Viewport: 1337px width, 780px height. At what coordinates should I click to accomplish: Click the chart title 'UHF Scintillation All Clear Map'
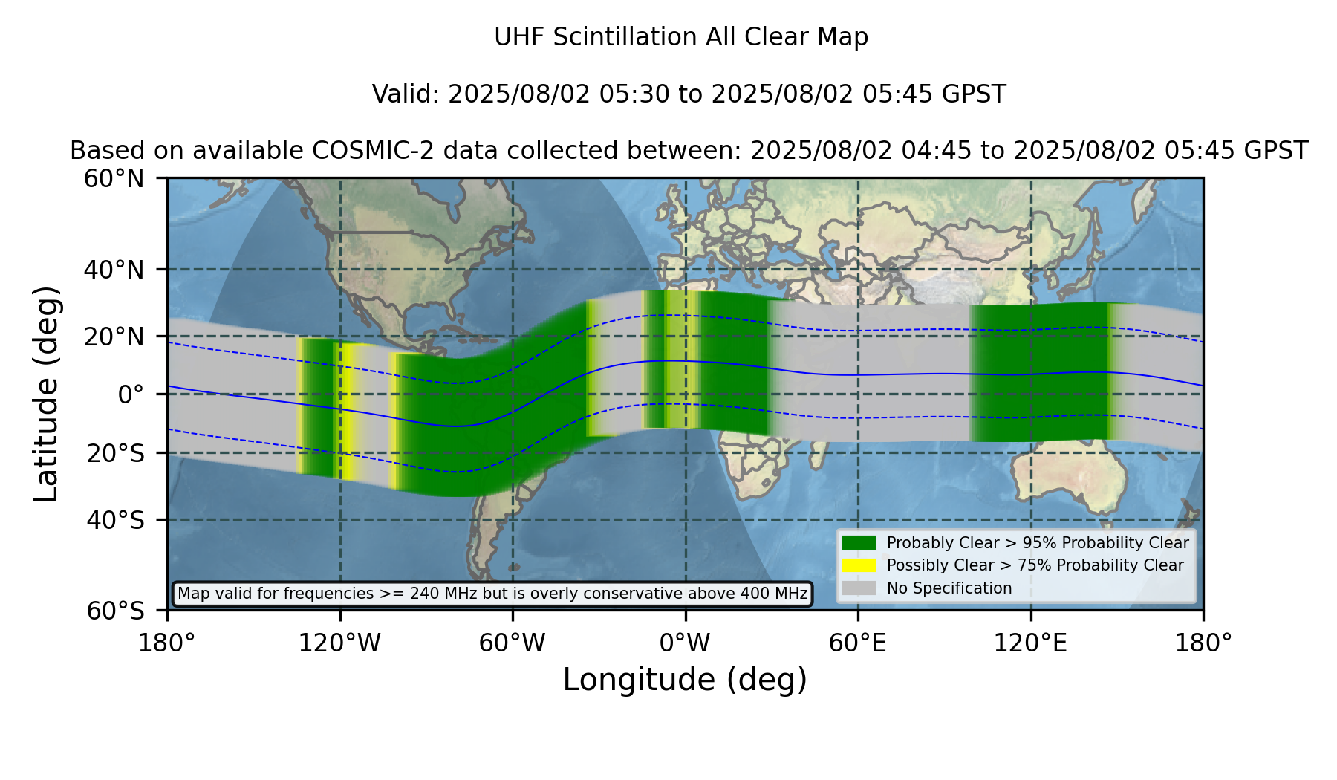tap(681, 37)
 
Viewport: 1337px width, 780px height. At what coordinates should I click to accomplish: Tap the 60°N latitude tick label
tap(114, 179)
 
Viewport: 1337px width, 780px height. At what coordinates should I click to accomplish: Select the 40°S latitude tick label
tap(115, 520)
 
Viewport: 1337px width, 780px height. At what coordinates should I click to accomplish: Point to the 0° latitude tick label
tap(131, 394)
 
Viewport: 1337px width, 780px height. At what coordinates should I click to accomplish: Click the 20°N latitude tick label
tap(114, 337)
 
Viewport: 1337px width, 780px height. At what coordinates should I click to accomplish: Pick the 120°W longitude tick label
tap(339, 643)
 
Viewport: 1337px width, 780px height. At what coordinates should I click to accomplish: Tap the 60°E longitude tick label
tap(858, 643)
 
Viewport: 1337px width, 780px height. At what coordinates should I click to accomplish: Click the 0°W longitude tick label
tap(685, 643)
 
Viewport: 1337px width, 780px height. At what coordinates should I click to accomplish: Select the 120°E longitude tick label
tap(1030, 643)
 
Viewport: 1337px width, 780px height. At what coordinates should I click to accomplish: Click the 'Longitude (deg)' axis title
tap(685, 680)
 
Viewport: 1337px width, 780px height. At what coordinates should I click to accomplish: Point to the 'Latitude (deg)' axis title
tap(46, 394)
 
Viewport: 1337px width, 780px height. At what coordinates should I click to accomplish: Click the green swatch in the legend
tap(859, 543)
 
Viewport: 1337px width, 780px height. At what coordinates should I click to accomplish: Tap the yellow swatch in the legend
tap(859, 565)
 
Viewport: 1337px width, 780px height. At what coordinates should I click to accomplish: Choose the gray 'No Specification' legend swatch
tap(859, 588)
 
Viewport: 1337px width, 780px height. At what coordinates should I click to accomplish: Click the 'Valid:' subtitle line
tap(689, 94)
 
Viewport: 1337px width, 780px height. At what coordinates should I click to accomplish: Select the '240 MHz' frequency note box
tap(492, 594)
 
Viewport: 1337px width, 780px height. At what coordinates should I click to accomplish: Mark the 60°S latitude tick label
tap(115, 611)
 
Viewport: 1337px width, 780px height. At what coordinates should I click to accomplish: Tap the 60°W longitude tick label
tap(513, 643)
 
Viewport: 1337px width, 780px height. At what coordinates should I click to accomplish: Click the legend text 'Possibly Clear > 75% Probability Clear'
tap(1035, 565)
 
